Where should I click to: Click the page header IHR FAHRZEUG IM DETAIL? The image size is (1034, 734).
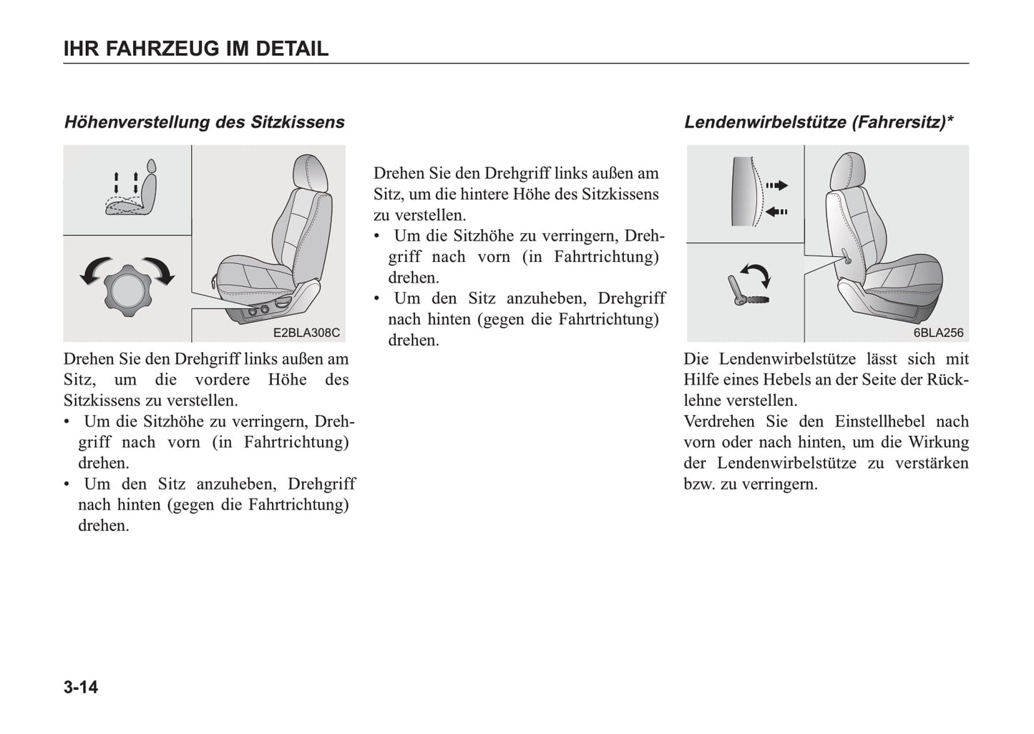coord(195,49)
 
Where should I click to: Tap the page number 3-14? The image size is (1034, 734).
coord(81,687)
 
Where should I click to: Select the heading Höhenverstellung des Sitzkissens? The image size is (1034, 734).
coord(205,122)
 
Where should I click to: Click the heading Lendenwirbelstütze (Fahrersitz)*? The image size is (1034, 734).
coord(819,122)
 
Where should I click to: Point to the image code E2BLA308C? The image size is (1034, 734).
coord(306,333)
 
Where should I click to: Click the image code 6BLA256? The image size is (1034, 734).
coord(938,333)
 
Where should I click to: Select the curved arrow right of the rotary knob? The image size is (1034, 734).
coord(160,270)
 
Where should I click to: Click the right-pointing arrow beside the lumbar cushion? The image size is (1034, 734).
coord(776,185)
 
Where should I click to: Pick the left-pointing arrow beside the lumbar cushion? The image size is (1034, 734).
coord(776,212)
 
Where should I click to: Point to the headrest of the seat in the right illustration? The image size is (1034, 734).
coord(849,171)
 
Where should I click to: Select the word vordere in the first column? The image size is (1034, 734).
coord(222,380)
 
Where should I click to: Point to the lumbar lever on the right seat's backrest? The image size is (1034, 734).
coord(846,256)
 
